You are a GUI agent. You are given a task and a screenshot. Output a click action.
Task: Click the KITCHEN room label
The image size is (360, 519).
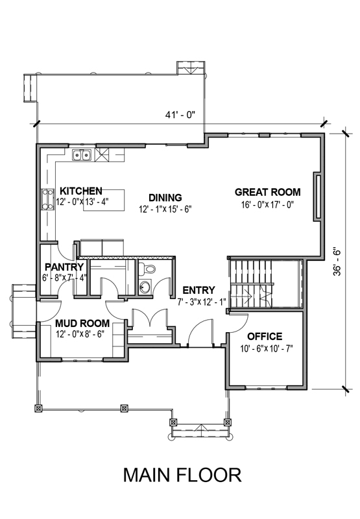click(81, 191)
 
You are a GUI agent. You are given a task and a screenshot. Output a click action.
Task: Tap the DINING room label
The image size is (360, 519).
click(165, 198)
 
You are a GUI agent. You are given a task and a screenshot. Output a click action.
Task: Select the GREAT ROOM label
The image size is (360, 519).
click(268, 192)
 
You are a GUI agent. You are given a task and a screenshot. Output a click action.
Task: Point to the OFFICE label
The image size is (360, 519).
click(265, 337)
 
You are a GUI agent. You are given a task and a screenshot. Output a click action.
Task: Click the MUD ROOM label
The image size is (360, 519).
click(82, 323)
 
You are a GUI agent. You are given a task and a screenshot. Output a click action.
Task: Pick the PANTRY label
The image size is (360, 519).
click(64, 267)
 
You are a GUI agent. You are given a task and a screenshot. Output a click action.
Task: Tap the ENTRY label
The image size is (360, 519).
click(199, 290)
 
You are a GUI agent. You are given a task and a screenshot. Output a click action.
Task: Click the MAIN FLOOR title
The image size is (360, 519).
click(182, 475)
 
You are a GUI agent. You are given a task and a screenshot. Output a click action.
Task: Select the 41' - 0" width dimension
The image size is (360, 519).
click(180, 115)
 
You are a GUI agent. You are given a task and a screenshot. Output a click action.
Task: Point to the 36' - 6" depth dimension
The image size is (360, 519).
click(337, 262)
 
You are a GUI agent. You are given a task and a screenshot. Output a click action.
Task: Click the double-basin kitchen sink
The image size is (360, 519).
click(82, 155)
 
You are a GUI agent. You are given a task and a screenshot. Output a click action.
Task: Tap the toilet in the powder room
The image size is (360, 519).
click(147, 269)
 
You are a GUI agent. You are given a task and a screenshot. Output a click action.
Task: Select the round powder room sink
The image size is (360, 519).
click(145, 286)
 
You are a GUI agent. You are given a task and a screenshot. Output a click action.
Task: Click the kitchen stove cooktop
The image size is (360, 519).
click(47, 199)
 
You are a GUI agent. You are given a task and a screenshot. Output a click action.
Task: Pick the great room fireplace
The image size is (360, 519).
click(317, 197)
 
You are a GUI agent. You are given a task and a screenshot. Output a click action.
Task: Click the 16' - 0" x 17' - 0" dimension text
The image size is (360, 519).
click(268, 205)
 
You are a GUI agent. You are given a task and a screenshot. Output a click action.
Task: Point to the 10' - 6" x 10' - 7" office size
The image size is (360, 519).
click(267, 349)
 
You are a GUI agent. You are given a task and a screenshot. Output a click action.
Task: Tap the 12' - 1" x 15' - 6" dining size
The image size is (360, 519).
click(165, 210)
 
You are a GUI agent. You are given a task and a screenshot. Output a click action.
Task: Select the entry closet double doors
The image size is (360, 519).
click(150, 319)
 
